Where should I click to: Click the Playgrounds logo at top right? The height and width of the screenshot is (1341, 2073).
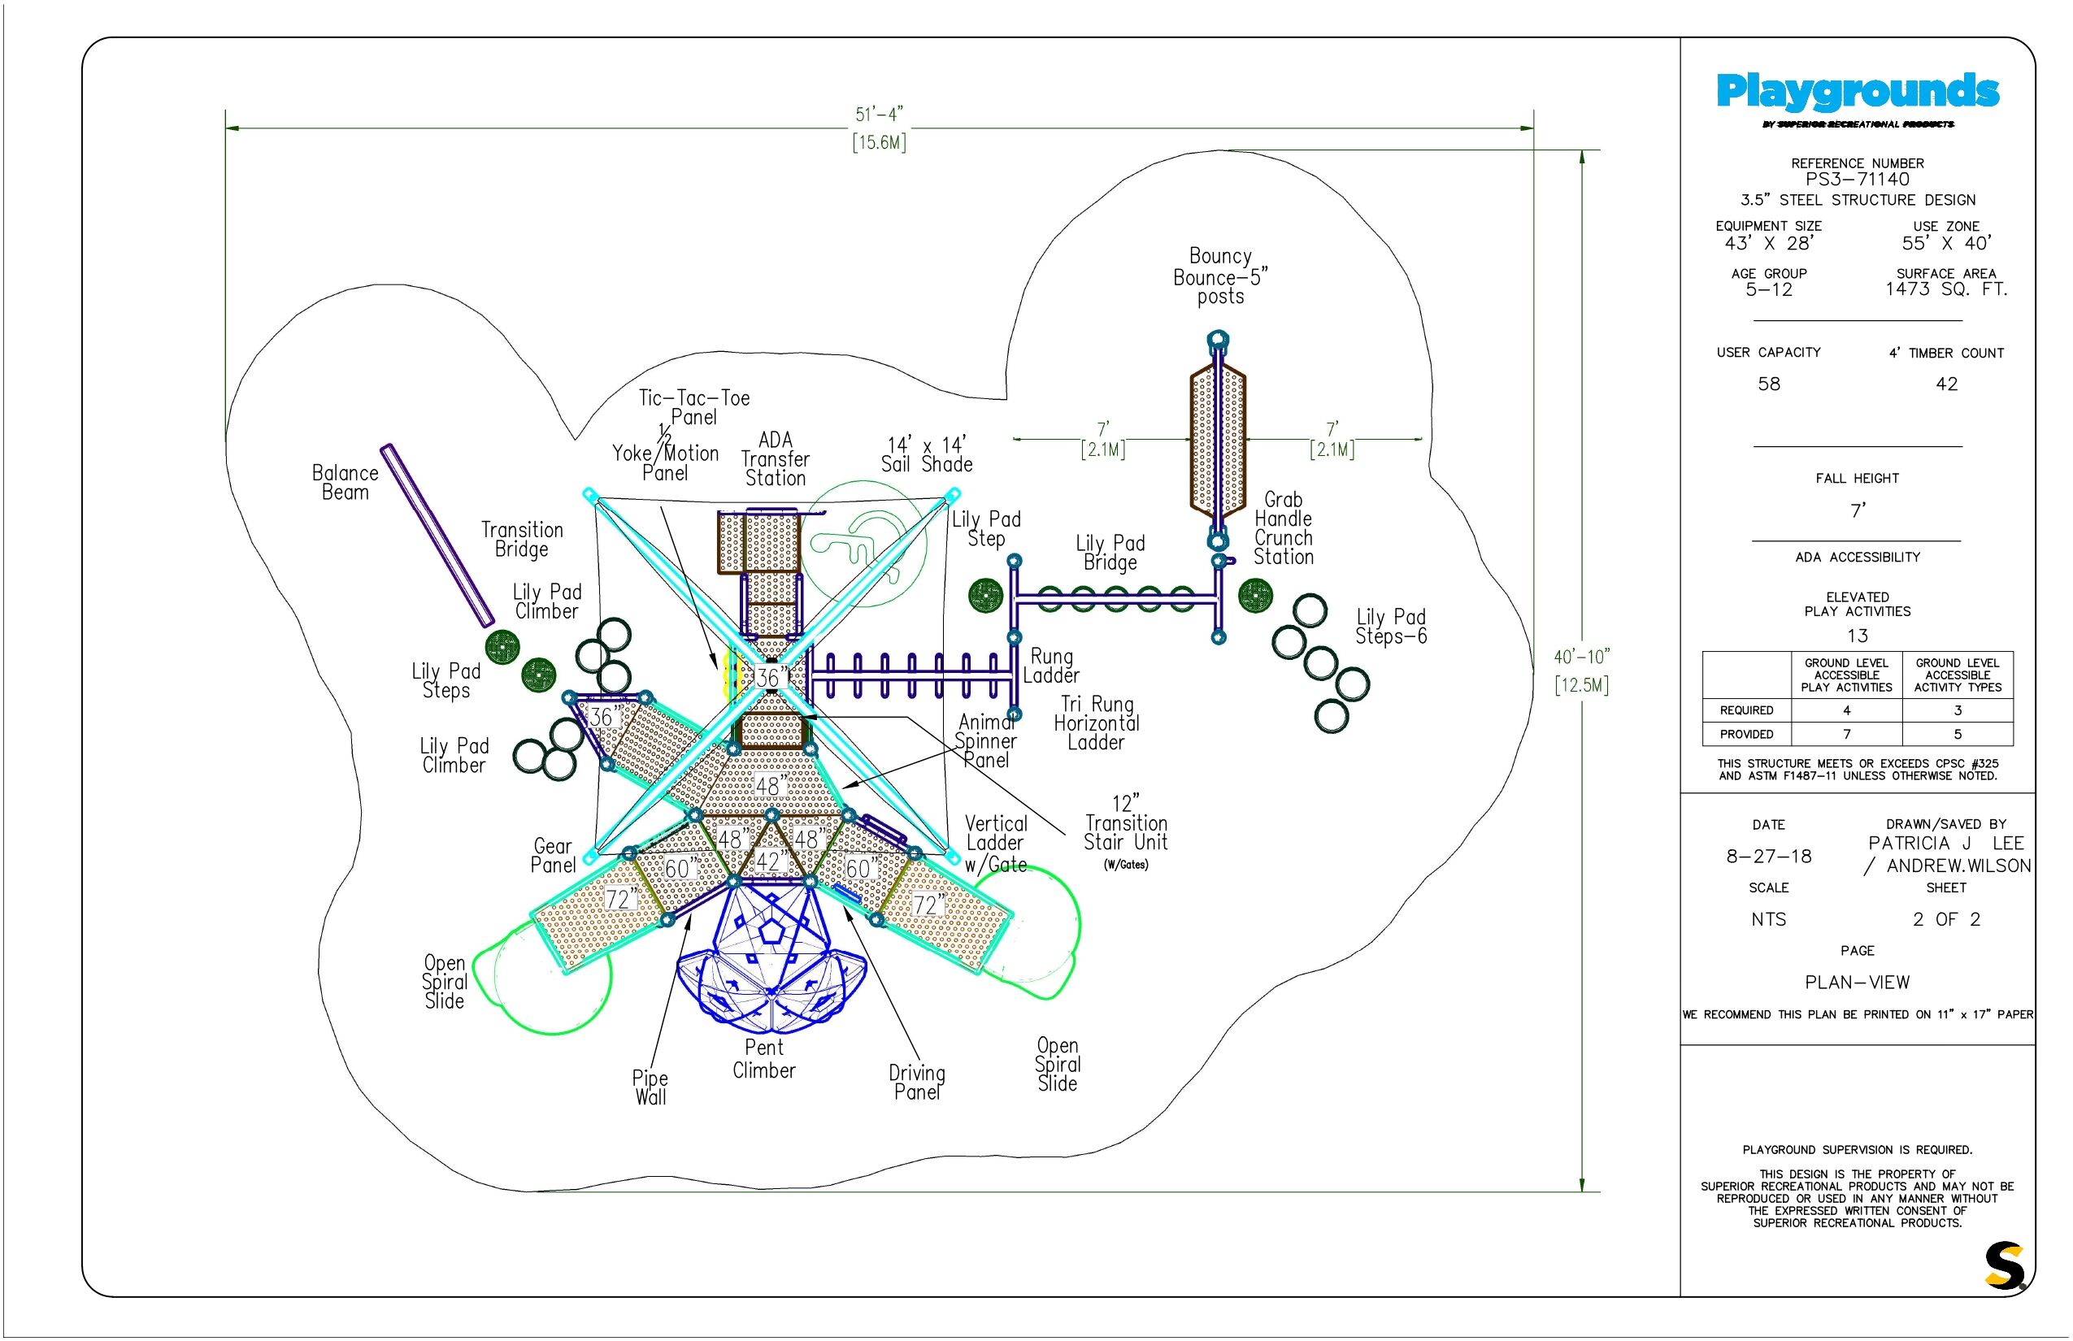[x=1857, y=93]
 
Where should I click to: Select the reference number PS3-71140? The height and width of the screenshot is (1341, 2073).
[x=1857, y=180]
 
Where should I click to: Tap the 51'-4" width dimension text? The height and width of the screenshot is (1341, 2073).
[x=879, y=115]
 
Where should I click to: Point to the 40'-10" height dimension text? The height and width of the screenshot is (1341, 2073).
[x=1582, y=657]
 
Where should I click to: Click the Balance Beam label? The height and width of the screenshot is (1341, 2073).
[x=345, y=483]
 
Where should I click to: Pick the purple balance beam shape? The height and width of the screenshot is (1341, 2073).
[x=437, y=536]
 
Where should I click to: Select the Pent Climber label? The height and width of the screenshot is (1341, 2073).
[x=764, y=1059]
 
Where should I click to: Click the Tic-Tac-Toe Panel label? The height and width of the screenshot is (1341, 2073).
[x=694, y=407]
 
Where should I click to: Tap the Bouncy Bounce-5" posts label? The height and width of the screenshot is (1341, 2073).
[x=1219, y=276]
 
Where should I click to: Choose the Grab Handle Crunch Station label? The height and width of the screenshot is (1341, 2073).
[x=1283, y=528]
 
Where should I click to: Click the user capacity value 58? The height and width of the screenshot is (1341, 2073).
[x=1768, y=384]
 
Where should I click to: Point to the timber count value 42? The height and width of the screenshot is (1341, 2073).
[x=1946, y=384]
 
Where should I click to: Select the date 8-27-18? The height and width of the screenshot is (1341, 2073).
[x=1768, y=856]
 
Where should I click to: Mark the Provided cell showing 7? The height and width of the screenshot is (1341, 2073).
[x=1845, y=734]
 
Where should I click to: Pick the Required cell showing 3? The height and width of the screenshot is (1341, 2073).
[x=1958, y=710]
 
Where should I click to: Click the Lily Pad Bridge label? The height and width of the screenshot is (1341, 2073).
[x=1110, y=553]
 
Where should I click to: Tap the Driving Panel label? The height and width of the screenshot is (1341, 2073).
[x=916, y=1083]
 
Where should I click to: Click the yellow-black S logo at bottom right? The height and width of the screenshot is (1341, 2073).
[x=2004, y=1266]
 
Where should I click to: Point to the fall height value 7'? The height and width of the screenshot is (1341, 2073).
[x=1857, y=510]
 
